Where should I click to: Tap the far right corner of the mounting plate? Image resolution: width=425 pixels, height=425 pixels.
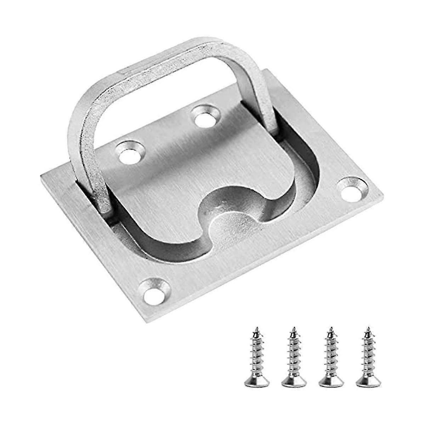[x=382, y=193]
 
